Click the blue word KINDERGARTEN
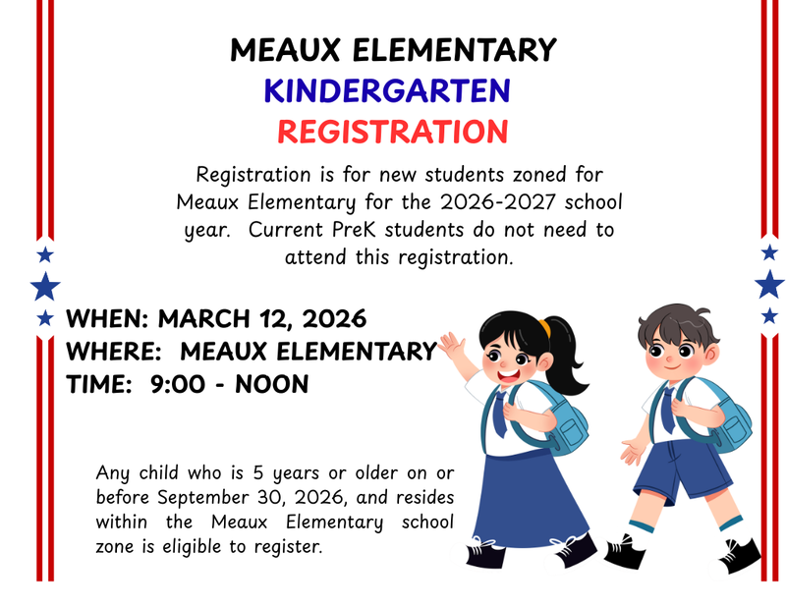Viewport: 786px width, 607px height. (x=386, y=91)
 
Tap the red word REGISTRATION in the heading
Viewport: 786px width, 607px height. (x=392, y=131)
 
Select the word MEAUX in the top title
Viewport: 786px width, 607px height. (x=286, y=50)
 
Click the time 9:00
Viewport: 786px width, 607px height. (x=178, y=384)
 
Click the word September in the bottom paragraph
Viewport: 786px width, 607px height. (x=203, y=496)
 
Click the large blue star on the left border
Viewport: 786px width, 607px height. (x=45, y=287)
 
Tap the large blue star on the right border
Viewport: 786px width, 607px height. (x=769, y=284)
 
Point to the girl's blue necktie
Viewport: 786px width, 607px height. (x=500, y=413)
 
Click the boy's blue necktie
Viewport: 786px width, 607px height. (x=668, y=410)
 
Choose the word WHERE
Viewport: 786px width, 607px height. (x=109, y=352)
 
